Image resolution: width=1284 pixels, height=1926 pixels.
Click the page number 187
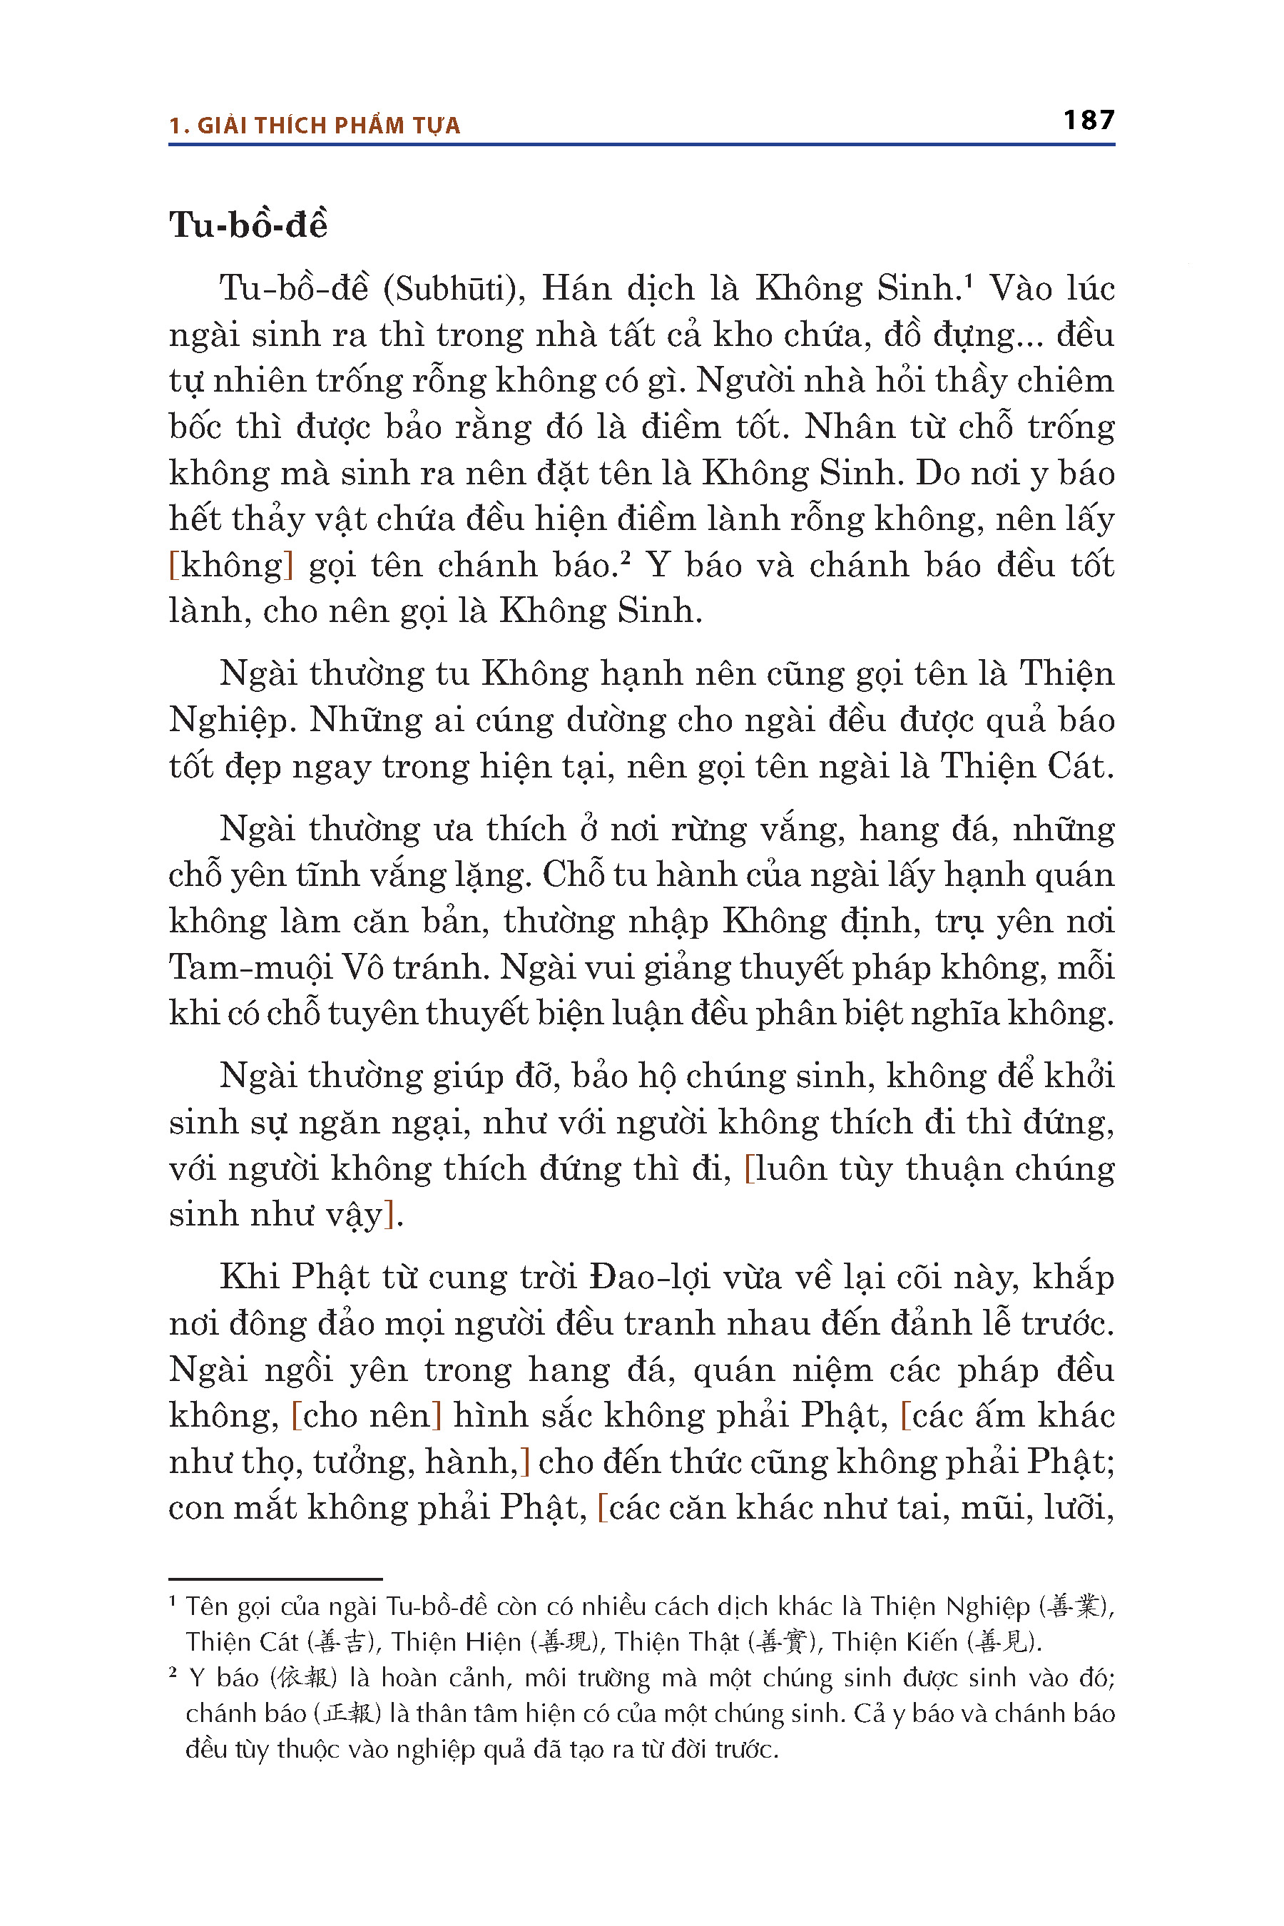pyautogui.click(x=1089, y=121)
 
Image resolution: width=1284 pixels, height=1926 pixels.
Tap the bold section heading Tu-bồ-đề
pyautogui.click(x=248, y=225)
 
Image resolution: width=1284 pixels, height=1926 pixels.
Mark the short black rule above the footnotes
pyautogui.click(x=275, y=1579)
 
